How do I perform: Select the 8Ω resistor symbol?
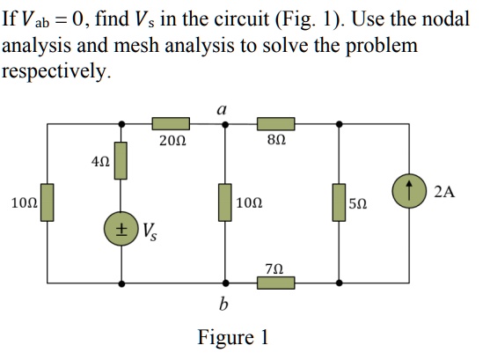pos(274,125)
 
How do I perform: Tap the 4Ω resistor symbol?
pos(121,161)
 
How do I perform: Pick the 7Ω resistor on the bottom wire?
pos(274,283)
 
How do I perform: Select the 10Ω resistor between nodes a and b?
pos(226,202)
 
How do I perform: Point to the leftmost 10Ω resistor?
pos(47,202)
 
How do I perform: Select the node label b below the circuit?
pos(223,305)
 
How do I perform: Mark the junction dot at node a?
pos(226,125)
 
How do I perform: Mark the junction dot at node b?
pos(226,283)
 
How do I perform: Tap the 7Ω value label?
pos(274,268)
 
